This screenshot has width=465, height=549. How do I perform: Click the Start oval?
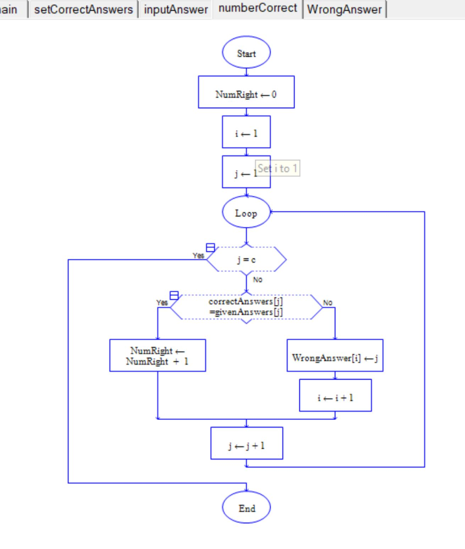[x=246, y=53]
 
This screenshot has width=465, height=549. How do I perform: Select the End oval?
[x=246, y=508]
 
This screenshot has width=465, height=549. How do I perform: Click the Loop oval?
[x=246, y=213]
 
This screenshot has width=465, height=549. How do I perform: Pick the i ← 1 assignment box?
[x=246, y=132]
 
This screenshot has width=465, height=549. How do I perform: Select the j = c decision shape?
[x=246, y=259]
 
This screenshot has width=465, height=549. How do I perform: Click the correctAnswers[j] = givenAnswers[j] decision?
[x=246, y=307]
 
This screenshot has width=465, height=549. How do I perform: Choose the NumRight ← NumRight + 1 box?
[x=157, y=355]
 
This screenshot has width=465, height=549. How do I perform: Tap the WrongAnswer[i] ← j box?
[x=335, y=355]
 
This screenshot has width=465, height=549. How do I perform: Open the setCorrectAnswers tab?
[x=83, y=9]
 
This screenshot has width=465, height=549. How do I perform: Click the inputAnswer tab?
[x=176, y=9]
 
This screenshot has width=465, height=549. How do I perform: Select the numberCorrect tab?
[x=257, y=9]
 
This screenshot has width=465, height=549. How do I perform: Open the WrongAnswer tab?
[x=344, y=10]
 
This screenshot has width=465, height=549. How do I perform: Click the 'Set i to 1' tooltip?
[x=278, y=168]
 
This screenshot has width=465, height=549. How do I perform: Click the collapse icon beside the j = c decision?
[x=210, y=247]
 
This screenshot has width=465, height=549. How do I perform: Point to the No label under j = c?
[x=258, y=279]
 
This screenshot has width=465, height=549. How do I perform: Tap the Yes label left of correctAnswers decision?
[x=162, y=303]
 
